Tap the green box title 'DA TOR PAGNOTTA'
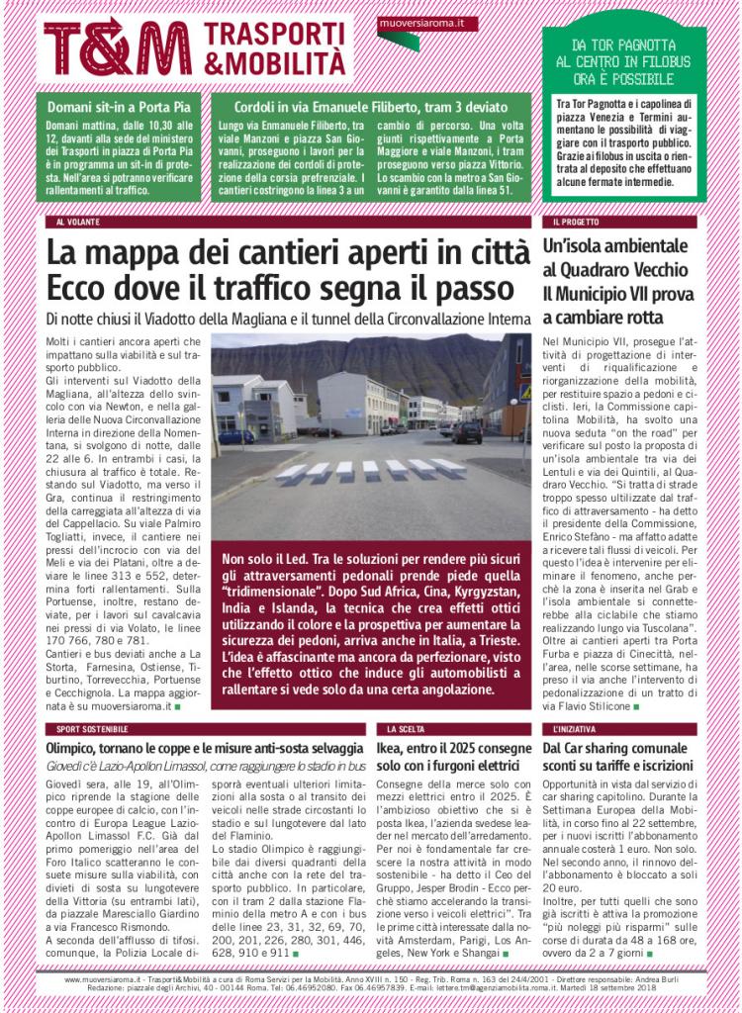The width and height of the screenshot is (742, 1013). (623, 46)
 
